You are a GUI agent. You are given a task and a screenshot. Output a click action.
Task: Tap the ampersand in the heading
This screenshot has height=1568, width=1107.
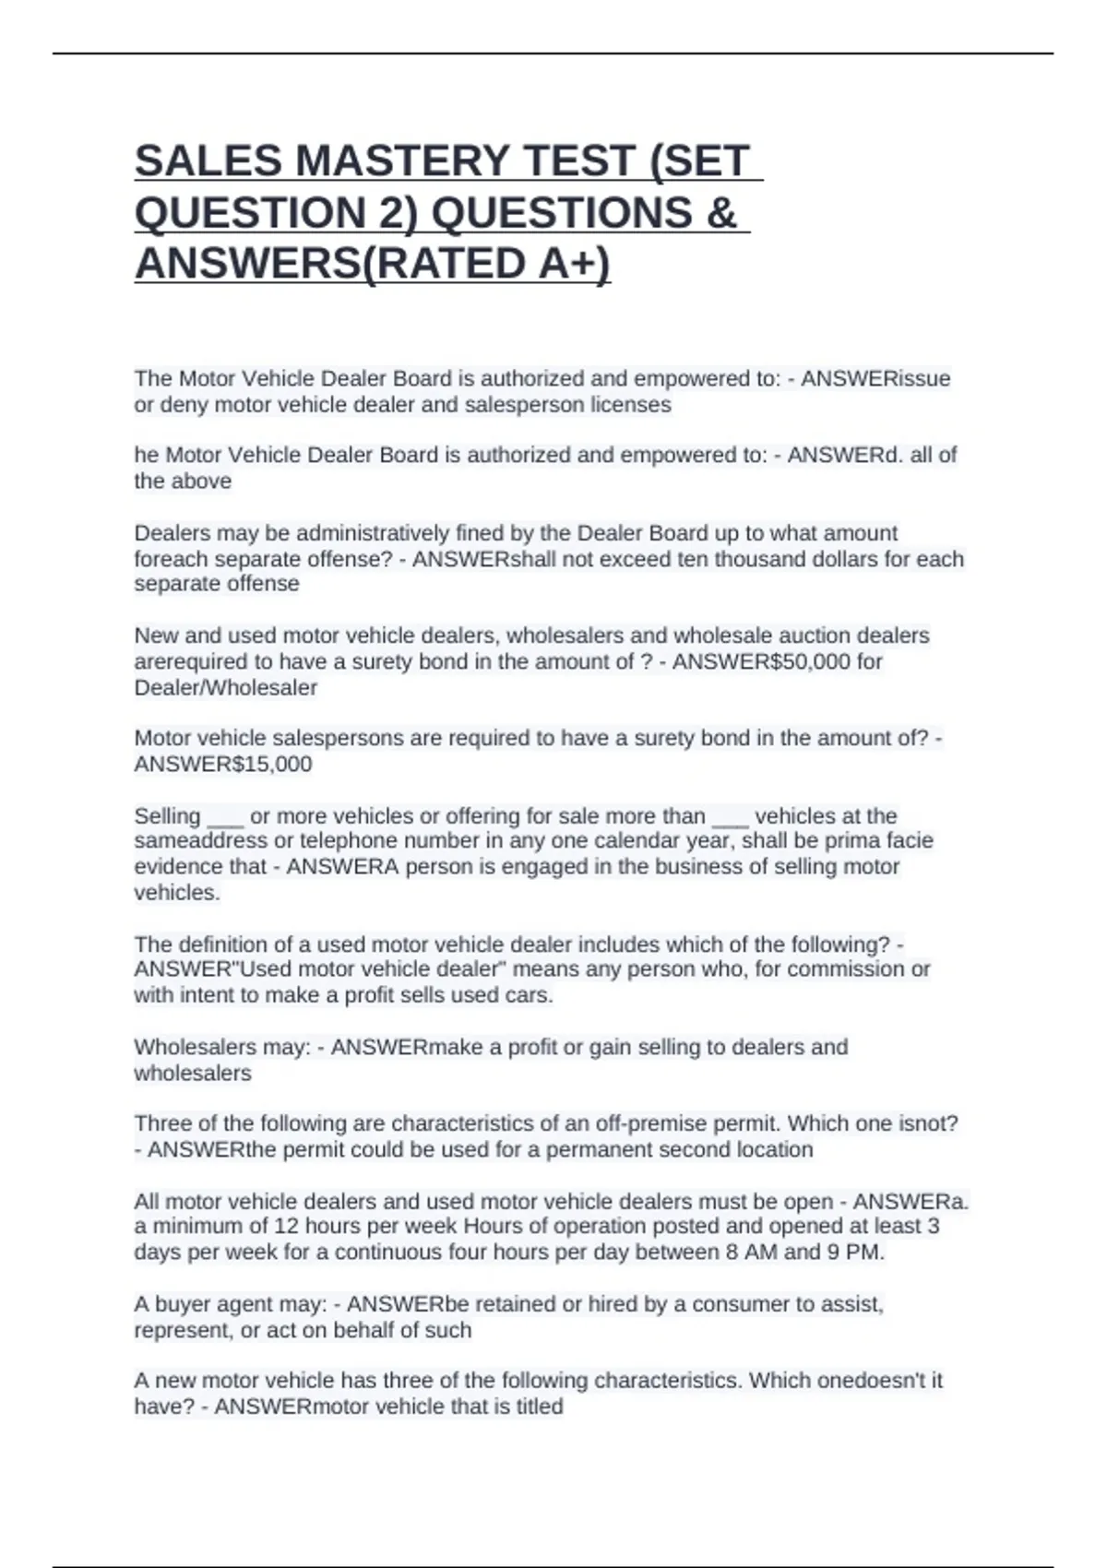pos(720,212)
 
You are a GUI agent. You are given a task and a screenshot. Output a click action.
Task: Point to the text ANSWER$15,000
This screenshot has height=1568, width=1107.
pos(223,764)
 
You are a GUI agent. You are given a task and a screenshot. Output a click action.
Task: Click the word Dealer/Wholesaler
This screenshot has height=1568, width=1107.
pos(225,687)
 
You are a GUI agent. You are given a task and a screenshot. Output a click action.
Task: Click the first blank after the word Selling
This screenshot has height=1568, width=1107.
pos(225,817)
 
